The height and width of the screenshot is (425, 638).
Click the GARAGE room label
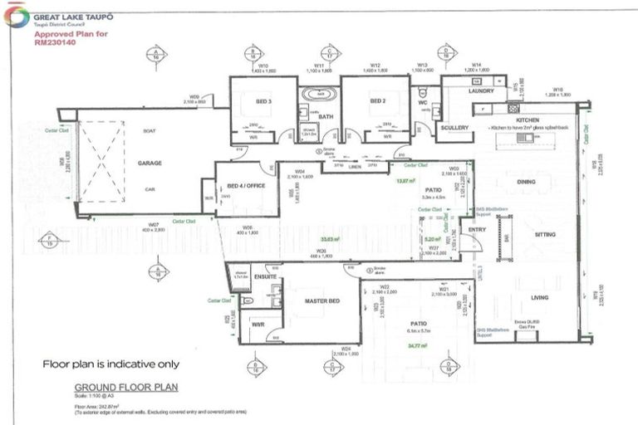coord(150,164)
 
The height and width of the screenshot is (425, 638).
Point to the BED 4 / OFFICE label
coord(245,185)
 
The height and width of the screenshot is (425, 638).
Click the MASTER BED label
coord(320,300)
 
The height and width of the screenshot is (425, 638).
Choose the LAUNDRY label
coord(481,91)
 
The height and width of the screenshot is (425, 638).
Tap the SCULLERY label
coord(455,128)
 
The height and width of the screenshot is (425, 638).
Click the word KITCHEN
coord(528,120)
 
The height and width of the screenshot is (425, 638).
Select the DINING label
coord(527,181)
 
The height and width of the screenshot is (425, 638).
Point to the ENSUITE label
coord(265,276)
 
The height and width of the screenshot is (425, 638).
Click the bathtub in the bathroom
coord(315,95)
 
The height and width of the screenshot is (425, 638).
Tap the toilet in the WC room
coord(422,93)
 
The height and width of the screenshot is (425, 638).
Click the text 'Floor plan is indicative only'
coord(110,364)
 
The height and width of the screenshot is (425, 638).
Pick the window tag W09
coord(194,96)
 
